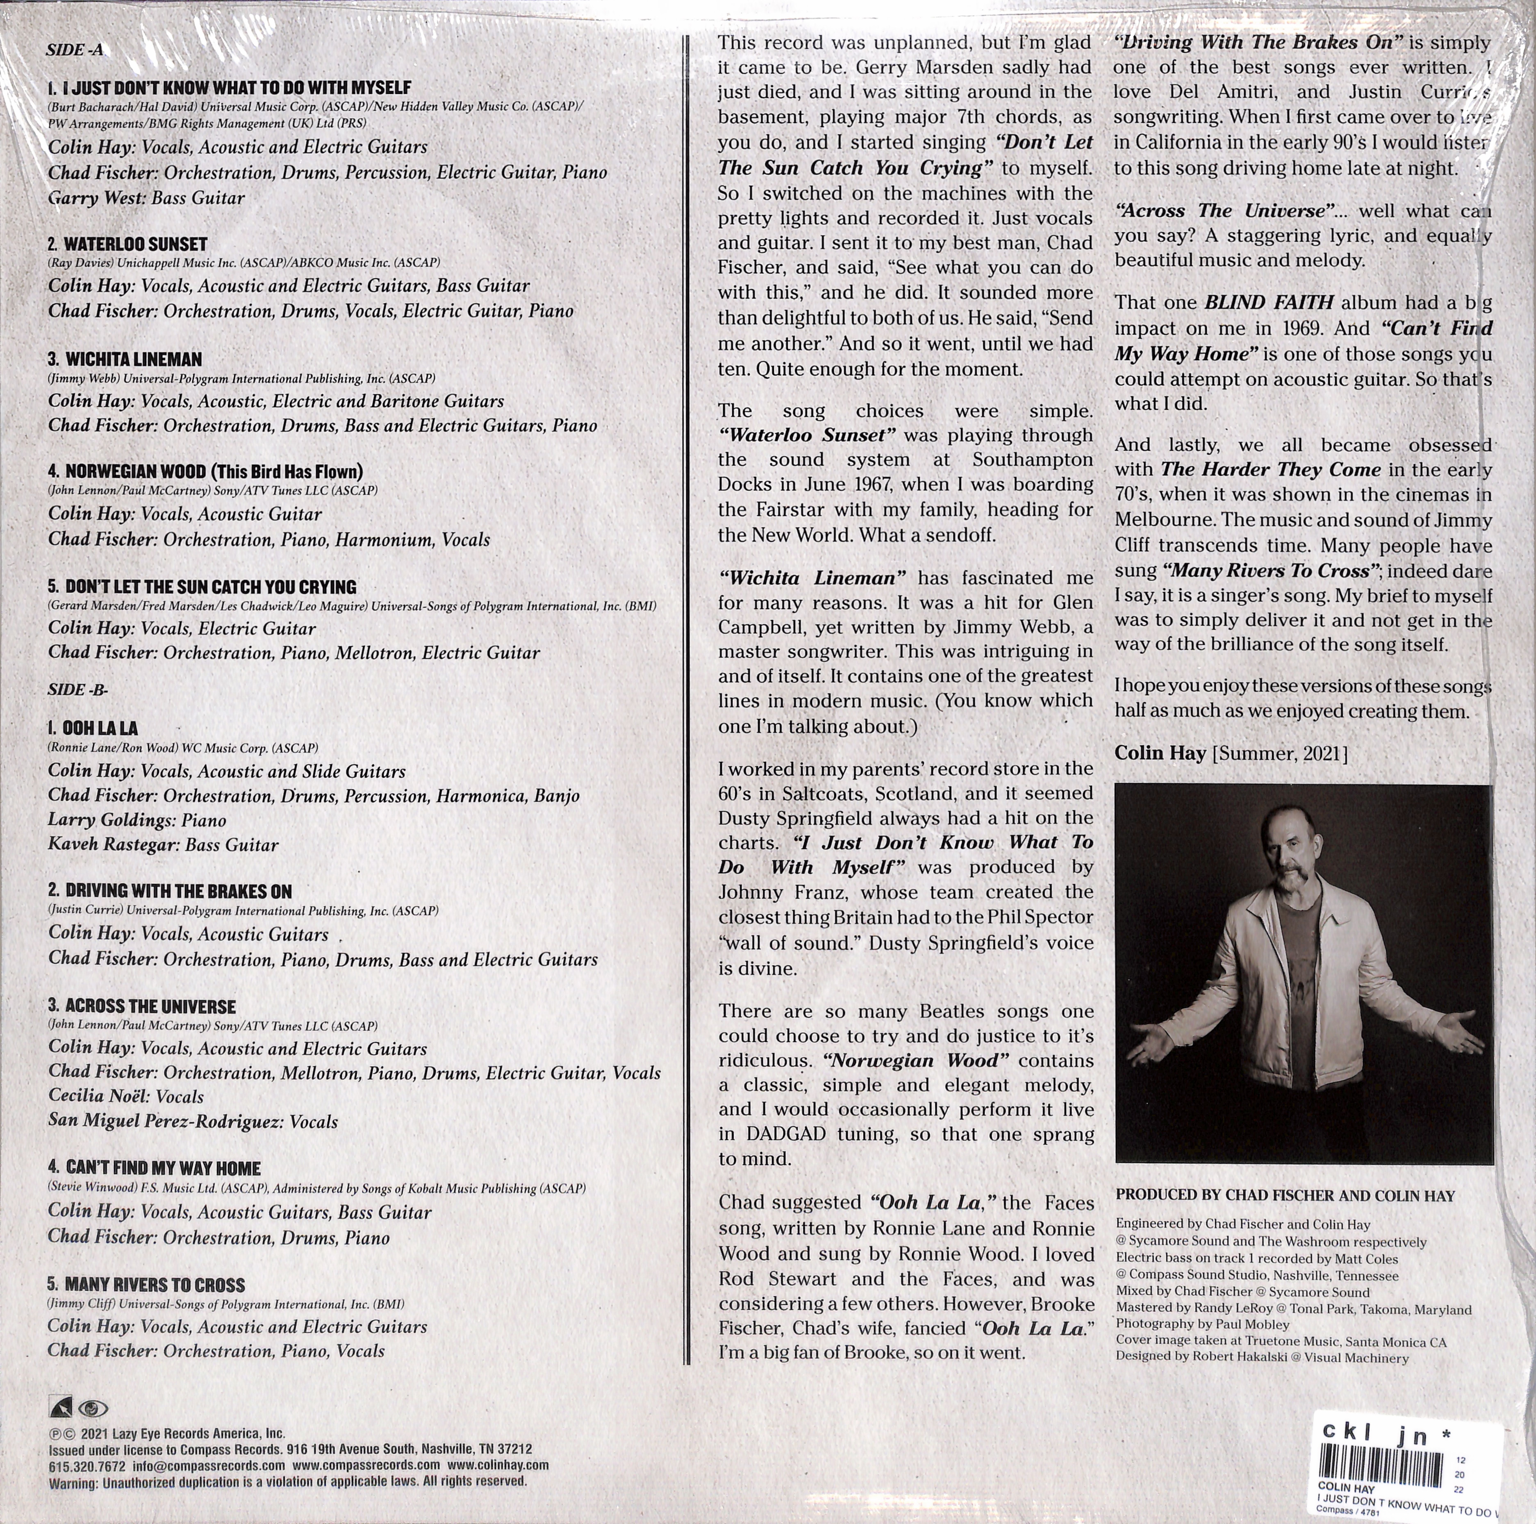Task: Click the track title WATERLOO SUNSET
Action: point(135,244)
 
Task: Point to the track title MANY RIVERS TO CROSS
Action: point(155,1285)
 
